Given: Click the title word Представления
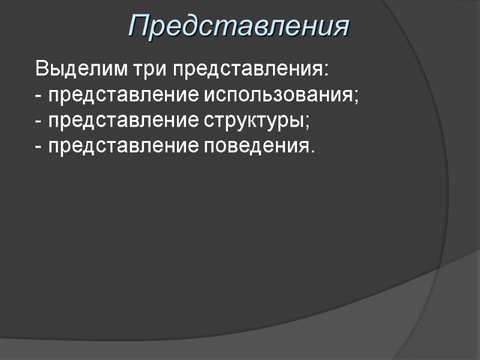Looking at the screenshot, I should tap(239, 26).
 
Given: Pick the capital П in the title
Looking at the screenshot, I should tap(139, 26).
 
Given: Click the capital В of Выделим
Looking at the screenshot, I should tap(41, 69).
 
